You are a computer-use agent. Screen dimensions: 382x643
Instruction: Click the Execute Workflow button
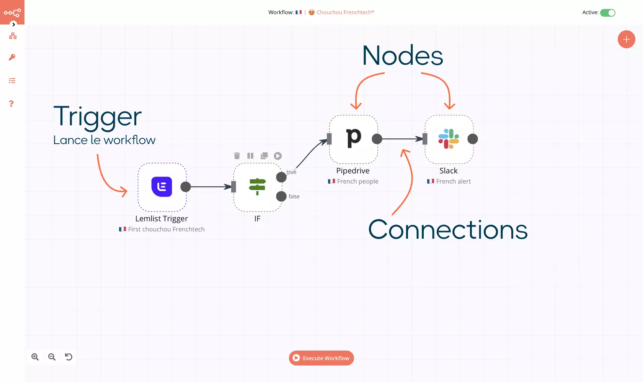coord(321,358)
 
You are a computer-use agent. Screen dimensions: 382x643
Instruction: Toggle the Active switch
coord(607,13)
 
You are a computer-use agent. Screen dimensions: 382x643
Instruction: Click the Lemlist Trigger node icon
coord(162,187)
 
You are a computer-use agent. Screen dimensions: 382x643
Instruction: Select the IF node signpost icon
coord(257,187)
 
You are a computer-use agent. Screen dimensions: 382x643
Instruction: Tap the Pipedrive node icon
coord(353,138)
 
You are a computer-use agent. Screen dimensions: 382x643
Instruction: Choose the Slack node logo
coord(449,139)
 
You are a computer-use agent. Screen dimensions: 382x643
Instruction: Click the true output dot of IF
coord(281,177)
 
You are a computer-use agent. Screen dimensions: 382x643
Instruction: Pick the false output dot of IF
coord(281,196)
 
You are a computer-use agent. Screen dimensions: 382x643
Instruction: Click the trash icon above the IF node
coord(237,156)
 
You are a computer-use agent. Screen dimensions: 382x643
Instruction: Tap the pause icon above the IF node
coord(250,156)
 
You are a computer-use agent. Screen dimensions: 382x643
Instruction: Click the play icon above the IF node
coord(278,156)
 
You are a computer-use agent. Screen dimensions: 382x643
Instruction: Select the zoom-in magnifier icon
coord(35,357)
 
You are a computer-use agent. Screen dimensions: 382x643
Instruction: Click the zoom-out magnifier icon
coord(52,357)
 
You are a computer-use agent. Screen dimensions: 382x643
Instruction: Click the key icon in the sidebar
coord(12,57)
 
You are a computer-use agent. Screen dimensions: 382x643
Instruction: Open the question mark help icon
coord(11,104)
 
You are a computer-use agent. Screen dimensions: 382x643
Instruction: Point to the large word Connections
coord(448,230)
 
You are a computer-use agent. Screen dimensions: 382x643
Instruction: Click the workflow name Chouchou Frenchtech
coord(345,12)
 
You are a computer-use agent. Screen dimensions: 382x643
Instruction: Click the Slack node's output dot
coord(473,139)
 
